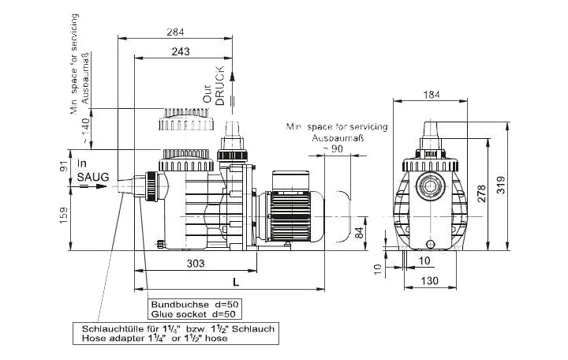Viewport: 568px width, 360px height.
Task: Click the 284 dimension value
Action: (175, 32)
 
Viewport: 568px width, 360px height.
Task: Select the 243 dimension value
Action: (181, 51)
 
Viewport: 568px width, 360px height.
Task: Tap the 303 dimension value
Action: (196, 264)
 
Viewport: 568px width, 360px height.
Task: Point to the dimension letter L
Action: (236, 282)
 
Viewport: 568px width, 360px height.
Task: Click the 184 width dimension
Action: (432, 95)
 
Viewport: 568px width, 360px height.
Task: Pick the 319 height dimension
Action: (501, 185)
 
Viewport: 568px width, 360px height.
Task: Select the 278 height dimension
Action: (481, 193)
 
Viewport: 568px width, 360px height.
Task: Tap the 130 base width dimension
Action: (430, 280)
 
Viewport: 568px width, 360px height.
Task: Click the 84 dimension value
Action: (359, 232)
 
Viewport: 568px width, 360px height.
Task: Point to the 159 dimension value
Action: (63, 216)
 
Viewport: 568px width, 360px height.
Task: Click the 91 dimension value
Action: (63, 166)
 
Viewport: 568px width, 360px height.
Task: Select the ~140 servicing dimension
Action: (85, 130)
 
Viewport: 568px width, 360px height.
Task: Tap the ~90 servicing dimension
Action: (333, 148)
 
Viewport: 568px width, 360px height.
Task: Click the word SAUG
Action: (93, 178)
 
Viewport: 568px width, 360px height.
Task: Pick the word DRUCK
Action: (220, 85)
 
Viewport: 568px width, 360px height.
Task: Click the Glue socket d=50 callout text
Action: (193, 314)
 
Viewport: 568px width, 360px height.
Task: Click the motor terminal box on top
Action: (291, 180)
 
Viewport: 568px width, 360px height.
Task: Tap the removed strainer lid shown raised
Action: (186, 119)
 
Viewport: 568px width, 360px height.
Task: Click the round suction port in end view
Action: (430, 187)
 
